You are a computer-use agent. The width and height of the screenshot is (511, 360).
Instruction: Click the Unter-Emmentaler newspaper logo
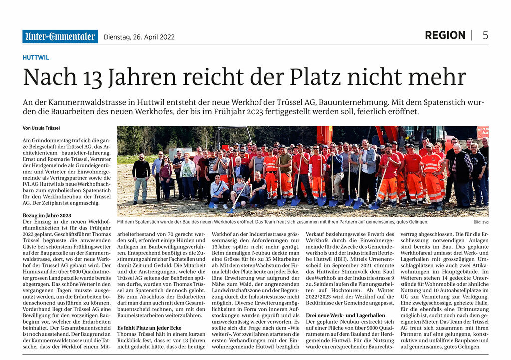point(60,36)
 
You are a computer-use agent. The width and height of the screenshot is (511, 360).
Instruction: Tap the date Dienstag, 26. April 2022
point(139,37)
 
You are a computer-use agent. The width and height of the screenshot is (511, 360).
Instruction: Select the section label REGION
point(445,35)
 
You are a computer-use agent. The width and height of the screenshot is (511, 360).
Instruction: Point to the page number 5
point(485,35)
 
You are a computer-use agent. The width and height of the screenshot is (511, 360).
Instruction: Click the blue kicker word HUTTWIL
point(36,57)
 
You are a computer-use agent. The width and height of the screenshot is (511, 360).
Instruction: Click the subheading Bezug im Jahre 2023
point(47,215)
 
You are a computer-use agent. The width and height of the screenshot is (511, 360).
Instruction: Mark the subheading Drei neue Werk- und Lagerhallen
point(345,315)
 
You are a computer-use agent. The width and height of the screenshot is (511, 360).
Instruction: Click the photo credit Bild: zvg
point(481,222)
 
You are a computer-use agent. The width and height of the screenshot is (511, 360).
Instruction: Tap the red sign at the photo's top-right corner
point(482,132)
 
